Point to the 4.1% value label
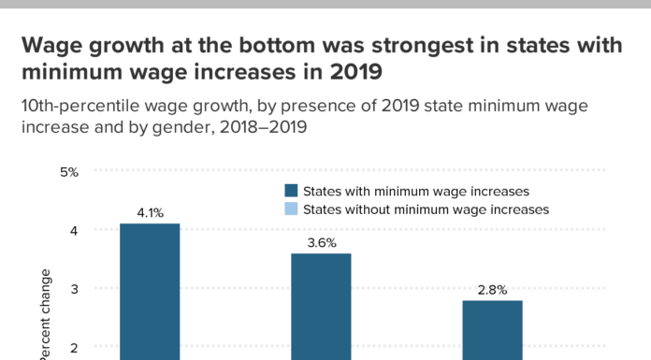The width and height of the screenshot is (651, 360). [x=150, y=213]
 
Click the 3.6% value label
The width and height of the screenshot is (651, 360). [x=321, y=242]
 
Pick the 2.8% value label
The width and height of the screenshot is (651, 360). [x=492, y=289]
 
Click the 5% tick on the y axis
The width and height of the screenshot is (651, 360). [x=68, y=172]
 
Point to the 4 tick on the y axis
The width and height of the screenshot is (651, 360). [x=73, y=230]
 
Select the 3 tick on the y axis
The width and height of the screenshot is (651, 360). [x=73, y=289]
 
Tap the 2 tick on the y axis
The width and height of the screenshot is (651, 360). [x=73, y=347]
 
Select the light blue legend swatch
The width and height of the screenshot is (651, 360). [x=291, y=209]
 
